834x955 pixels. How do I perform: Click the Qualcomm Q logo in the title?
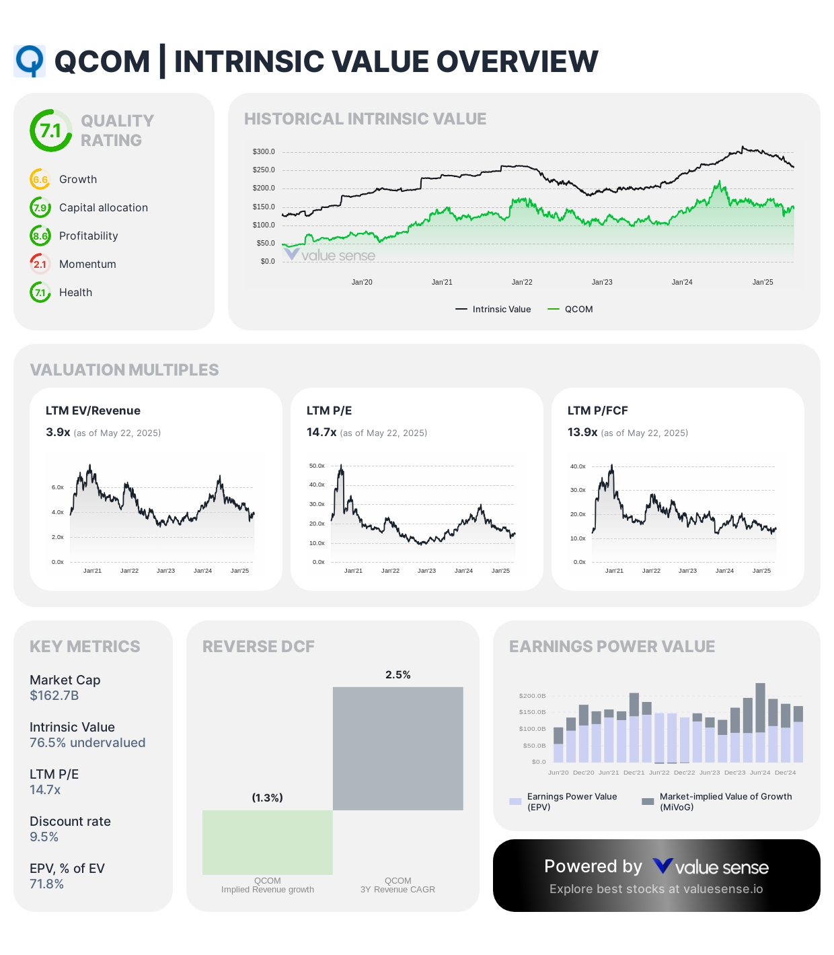(30, 61)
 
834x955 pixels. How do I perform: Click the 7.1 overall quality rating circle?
(51, 131)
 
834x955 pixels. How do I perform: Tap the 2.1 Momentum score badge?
(40, 264)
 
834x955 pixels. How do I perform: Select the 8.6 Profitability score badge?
(40, 236)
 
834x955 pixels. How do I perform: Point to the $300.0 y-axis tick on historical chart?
(264, 152)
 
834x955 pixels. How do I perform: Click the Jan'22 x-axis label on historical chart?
(522, 282)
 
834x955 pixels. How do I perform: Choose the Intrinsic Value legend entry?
(494, 310)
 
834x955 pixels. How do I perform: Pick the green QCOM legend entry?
(571, 310)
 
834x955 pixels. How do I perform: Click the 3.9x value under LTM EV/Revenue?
(58, 432)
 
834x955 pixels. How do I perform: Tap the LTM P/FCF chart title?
(597, 411)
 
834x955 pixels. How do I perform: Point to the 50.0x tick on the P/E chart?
(317, 466)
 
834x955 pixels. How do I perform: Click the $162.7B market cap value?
(54, 696)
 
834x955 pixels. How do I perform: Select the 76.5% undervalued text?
(87, 743)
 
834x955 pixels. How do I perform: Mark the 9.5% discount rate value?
(44, 837)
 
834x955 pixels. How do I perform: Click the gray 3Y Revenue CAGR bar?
(398, 748)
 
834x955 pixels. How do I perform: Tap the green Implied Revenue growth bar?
(268, 842)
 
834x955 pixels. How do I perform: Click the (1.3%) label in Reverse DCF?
(267, 798)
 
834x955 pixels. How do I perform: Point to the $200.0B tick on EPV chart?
(532, 696)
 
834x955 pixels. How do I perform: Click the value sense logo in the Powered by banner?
(711, 867)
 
